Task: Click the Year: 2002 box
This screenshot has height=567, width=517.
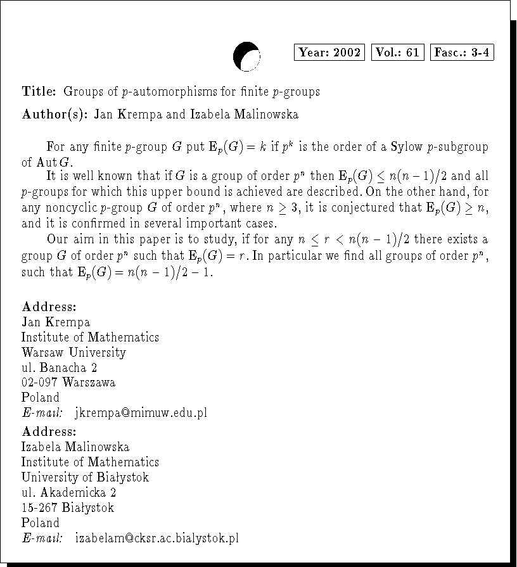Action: point(329,53)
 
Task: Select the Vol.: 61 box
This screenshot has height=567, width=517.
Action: point(397,53)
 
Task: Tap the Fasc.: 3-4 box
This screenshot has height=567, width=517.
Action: point(462,53)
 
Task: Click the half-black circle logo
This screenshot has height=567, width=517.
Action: point(246,56)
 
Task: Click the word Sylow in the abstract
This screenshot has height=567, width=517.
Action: point(376,148)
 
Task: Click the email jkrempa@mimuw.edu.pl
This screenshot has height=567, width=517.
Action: point(141,413)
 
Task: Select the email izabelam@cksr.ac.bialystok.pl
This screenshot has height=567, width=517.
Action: point(156,538)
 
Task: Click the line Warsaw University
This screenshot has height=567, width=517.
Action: point(73,352)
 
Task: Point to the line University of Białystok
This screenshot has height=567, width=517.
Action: point(85,477)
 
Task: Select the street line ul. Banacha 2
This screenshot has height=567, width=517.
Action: point(59,367)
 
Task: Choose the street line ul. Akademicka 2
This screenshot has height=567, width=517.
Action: point(68,492)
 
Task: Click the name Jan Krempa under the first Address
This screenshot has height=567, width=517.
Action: point(56,322)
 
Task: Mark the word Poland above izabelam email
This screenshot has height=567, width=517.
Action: point(40,523)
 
